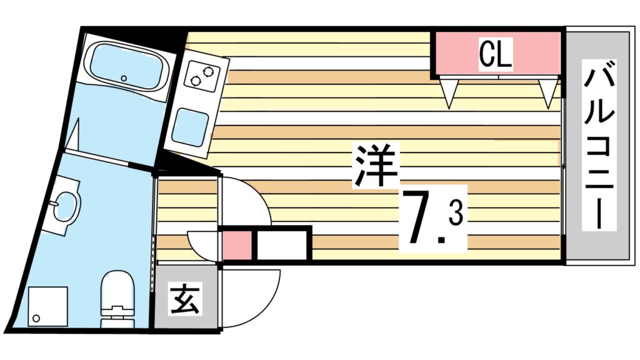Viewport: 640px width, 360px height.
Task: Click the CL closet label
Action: (496, 55)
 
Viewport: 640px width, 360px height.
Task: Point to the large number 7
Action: (421, 219)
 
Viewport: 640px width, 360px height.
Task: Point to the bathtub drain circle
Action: (124, 79)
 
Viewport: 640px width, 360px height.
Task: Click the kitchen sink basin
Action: (191, 126)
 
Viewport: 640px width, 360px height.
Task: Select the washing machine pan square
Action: (47, 306)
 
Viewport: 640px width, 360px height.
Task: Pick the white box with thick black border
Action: (282, 244)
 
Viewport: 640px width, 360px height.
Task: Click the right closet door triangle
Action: (548, 92)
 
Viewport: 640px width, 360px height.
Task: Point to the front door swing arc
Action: (250, 299)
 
